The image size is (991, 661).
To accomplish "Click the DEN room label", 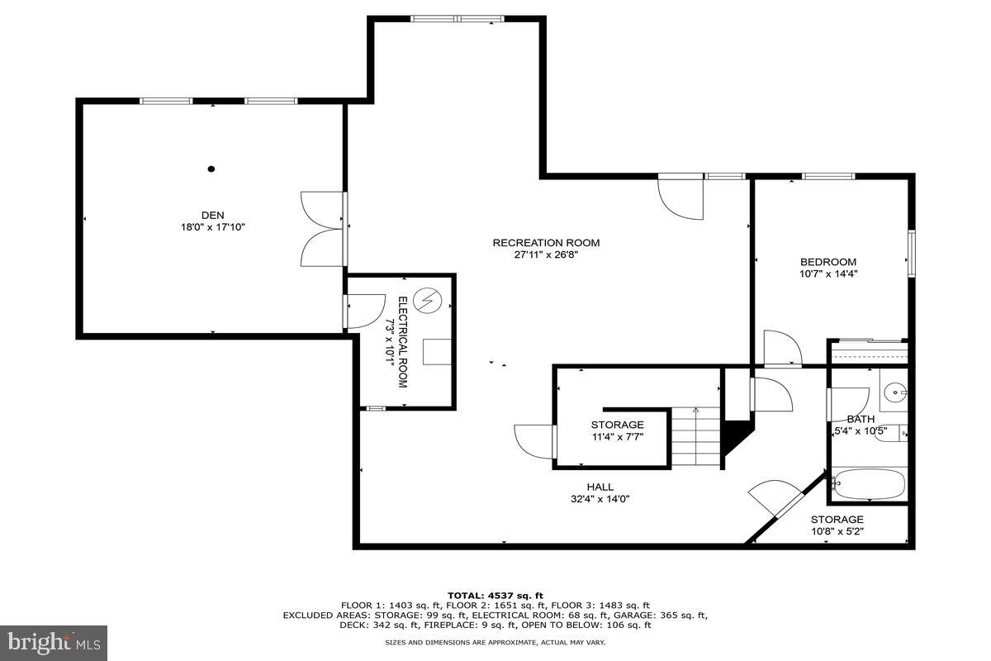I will (x=212, y=214).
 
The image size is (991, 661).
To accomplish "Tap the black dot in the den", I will (x=211, y=169).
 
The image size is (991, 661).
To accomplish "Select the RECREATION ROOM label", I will (x=546, y=242).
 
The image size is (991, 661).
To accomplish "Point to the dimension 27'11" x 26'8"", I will (x=546, y=254).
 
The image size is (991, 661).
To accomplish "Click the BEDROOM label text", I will (x=827, y=262).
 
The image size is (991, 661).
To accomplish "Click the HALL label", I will (x=600, y=487).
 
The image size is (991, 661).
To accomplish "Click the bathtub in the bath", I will (x=870, y=484).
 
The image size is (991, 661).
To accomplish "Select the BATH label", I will (x=861, y=419).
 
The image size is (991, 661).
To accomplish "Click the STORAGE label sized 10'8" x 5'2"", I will (x=837, y=519).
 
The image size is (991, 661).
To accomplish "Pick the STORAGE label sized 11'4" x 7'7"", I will (x=617, y=425).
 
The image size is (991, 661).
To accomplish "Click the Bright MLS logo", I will (x=54, y=641).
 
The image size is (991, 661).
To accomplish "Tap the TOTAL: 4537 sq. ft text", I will (x=495, y=595).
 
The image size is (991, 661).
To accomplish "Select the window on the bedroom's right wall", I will (x=913, y=254).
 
